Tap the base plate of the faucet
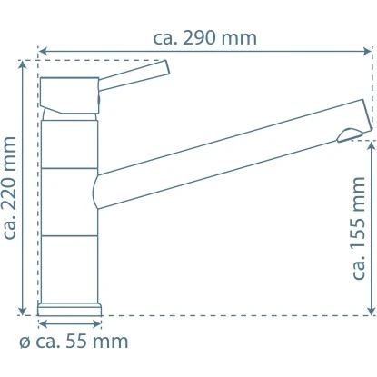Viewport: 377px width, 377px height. [x=70, y=309]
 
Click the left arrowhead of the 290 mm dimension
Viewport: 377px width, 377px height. [x=42, y=51]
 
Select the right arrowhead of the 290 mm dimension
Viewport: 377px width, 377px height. [x=368, y=51]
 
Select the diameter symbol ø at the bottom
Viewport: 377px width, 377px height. [x=25, y=342]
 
